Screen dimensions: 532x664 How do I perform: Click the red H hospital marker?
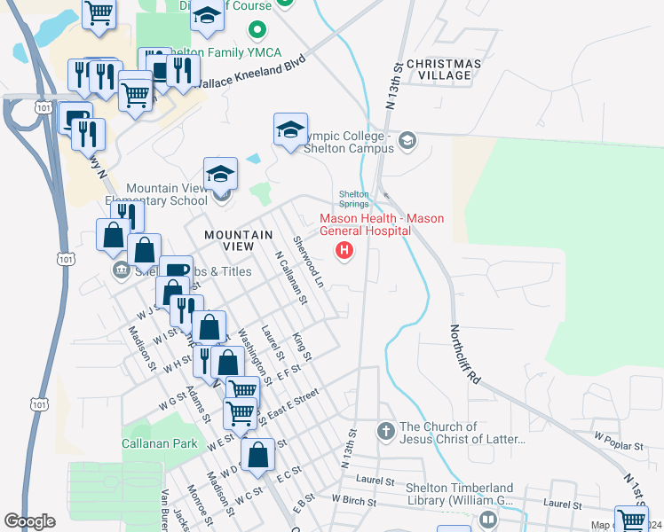[344, 252]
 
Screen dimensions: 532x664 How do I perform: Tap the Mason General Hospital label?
[382, 224]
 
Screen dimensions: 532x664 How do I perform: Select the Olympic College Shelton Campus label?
[346, 142]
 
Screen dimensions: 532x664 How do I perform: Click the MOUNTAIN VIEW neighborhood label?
[238, 240]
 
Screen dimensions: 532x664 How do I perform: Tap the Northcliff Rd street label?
[463, 351]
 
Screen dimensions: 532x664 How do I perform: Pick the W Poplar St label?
[618, 438]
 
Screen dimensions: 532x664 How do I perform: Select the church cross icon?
[385, 432]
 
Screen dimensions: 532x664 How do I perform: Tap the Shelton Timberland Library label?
[459, 495]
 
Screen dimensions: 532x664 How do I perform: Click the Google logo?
[29, 521]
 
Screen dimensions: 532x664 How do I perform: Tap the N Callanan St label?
[290, 278]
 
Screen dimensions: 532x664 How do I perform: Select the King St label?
[302, 347]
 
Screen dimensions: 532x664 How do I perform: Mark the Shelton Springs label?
[353, 199]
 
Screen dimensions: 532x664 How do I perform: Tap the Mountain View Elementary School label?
[166, 194]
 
